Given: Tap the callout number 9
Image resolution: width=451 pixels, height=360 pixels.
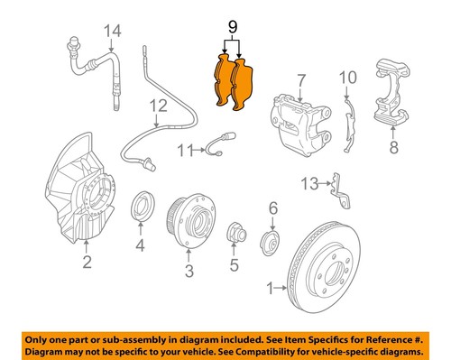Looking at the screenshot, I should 234,28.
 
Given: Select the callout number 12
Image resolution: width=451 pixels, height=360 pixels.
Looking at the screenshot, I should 159,106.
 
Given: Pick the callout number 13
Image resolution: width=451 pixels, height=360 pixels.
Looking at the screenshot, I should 309,184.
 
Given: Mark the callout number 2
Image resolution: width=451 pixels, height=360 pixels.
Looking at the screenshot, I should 87,263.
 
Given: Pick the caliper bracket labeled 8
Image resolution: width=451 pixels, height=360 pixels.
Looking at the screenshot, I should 391,95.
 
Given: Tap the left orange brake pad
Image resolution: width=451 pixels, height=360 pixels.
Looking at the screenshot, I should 223,83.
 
